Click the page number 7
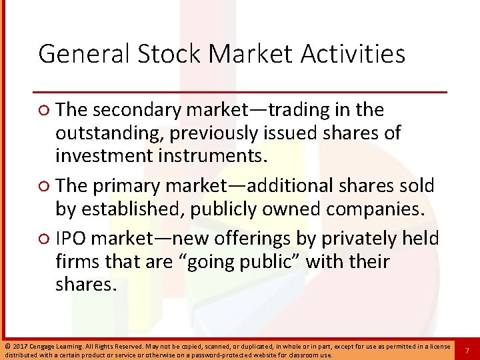coord(467,351)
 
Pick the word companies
coord(371,210)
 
